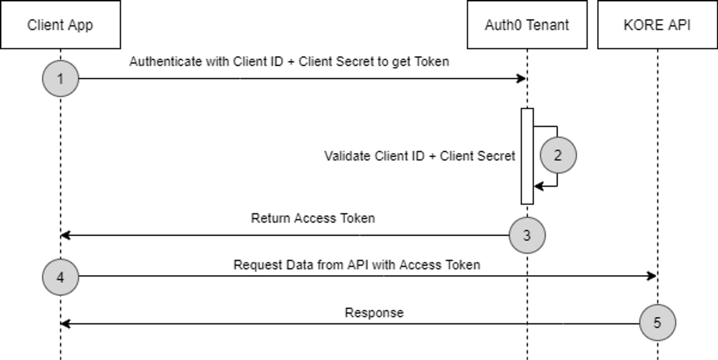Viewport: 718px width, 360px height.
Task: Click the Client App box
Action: pos(60,25)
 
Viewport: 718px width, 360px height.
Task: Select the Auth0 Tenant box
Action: pos(527,25)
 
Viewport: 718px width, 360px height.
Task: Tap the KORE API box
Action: pos(657,25)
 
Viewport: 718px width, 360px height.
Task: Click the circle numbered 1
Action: pos(60,79)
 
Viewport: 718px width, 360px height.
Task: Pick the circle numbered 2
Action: pos(558,155)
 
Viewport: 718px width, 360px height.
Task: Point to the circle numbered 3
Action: pos(527,235)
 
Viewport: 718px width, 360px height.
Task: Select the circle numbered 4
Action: pos(60,277)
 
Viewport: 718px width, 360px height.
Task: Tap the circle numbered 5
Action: pos(657,322)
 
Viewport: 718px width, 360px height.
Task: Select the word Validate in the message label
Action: pos(348,156)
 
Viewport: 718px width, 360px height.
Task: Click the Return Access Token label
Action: pos(313,218)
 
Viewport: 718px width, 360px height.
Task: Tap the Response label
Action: pos(374,313)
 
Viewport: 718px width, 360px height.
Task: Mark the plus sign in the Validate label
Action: pos(432,156)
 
